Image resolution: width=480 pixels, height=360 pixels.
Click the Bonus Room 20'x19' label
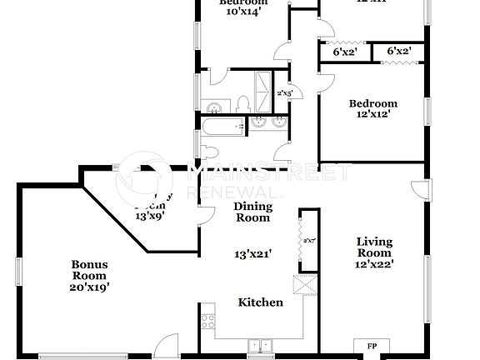90,274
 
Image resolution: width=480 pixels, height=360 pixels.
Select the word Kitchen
260,302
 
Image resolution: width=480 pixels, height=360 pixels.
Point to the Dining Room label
252,212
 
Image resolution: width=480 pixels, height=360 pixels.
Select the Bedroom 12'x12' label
372,109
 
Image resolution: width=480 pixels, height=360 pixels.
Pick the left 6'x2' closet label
342,51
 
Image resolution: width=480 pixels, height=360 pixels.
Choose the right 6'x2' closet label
398,51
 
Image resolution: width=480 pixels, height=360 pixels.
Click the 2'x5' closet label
284,93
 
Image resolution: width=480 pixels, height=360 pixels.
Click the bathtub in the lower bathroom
221,127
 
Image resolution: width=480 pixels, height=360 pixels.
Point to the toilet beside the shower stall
242,103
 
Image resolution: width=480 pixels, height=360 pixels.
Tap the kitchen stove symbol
207,320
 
